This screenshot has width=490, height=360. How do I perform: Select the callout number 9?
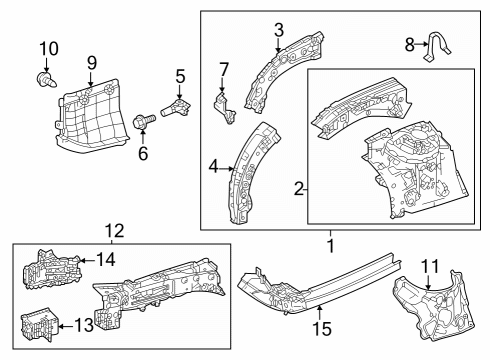coord(91,62)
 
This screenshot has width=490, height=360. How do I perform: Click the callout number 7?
coord(224,69)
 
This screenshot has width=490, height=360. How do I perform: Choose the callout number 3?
coord(279,29)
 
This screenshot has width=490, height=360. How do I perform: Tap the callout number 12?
coord(112,232)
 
